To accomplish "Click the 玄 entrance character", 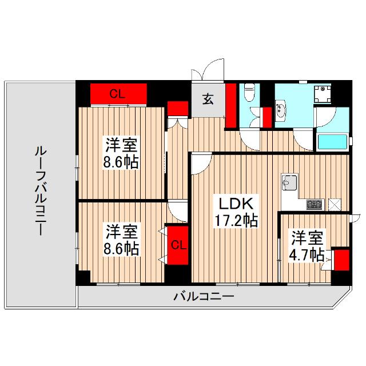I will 208,99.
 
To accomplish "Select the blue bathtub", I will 332,142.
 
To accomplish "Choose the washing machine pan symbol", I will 324,91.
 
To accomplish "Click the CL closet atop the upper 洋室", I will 118,93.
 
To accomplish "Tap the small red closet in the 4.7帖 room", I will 341,261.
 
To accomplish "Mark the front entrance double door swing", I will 206,70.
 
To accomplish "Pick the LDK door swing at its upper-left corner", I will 199,164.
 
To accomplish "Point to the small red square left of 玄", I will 177,108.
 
